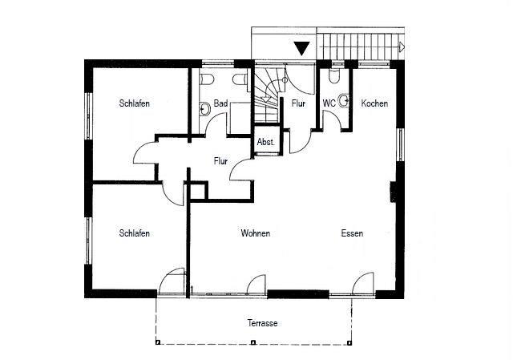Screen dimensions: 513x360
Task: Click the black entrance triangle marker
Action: tap(301, 48)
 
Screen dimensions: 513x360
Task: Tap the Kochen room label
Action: tap(374, 103)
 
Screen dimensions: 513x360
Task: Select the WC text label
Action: tap(329, 103)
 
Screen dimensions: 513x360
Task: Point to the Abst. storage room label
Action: tap(265, 143)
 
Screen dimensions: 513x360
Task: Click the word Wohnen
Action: tap(256, 233)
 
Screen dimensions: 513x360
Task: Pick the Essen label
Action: tap(352, 233)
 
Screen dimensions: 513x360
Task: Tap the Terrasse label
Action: tap(262, 323)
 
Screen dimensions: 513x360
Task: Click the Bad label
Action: tap(220, 103)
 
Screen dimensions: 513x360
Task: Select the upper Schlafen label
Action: tap(134, 103)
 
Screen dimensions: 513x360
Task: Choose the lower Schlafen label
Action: tap(134, 233)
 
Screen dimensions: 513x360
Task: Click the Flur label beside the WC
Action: tap(298, 103)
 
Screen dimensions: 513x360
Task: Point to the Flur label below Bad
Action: tap(220, 161)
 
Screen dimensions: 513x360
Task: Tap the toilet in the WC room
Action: tap(334, 76)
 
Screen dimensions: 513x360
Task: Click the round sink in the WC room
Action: tap(344, 100)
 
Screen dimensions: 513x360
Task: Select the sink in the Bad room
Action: tap(205, 109)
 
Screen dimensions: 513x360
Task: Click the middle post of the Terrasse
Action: tap(252, 342)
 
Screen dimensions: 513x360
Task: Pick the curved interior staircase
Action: tap(266, 95)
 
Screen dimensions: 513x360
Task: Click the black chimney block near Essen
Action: tap(394, 192)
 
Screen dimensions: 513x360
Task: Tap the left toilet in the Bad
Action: tap(208, 79)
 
